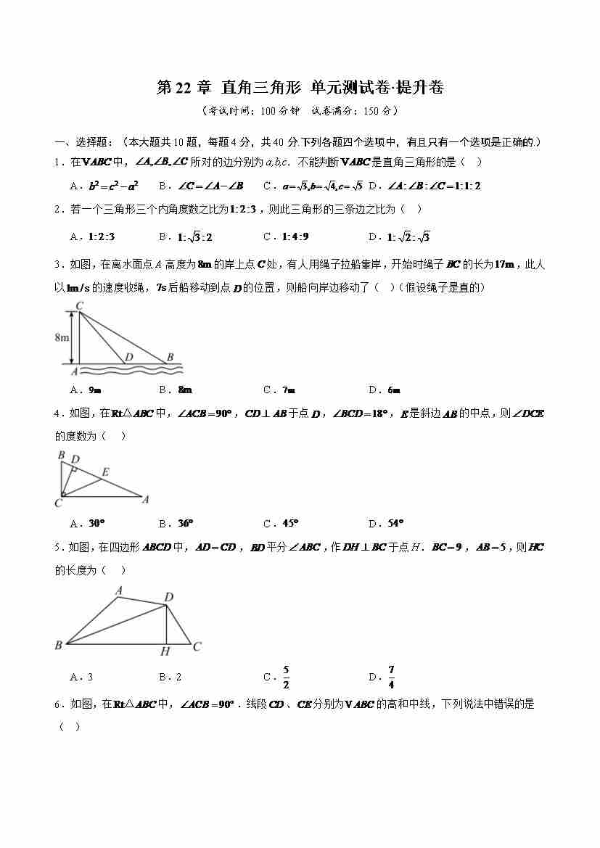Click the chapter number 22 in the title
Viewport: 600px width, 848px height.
click(x=186, y=88)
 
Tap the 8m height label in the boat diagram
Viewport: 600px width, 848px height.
click(x=62, y=338)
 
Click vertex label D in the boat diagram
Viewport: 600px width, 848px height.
click(x=128, y=357)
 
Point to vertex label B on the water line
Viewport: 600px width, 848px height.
click(x=170, y=357)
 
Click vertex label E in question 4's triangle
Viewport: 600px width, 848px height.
click(x=106, y=472)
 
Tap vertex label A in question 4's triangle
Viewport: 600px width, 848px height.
click(x=146, y=499)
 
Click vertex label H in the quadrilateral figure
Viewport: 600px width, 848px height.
click(x=166, y=651)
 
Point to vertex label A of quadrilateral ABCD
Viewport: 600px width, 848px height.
click(x=118, y=591)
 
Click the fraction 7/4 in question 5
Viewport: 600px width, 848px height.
click(x=391, y=677)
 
